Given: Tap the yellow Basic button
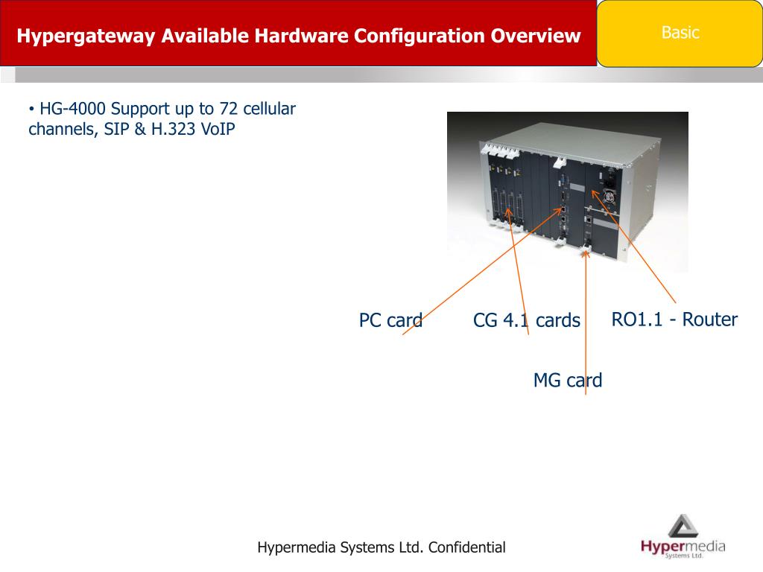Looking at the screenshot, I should (x=680, y=33).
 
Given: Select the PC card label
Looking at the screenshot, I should (x=390, y=321).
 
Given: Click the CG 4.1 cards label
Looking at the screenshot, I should (x=526, y=321).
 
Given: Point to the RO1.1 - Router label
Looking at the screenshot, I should (x=674, y=320).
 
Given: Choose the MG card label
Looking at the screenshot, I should (x=567, y=381).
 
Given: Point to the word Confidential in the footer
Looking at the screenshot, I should (x=466, y=547).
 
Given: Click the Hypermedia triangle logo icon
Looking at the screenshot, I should (x=683, y=526).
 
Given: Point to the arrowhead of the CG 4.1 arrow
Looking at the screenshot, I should (x=508, y=212).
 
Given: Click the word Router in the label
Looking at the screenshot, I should (x=710, y=320).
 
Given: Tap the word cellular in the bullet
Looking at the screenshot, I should (x=269, y=109).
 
